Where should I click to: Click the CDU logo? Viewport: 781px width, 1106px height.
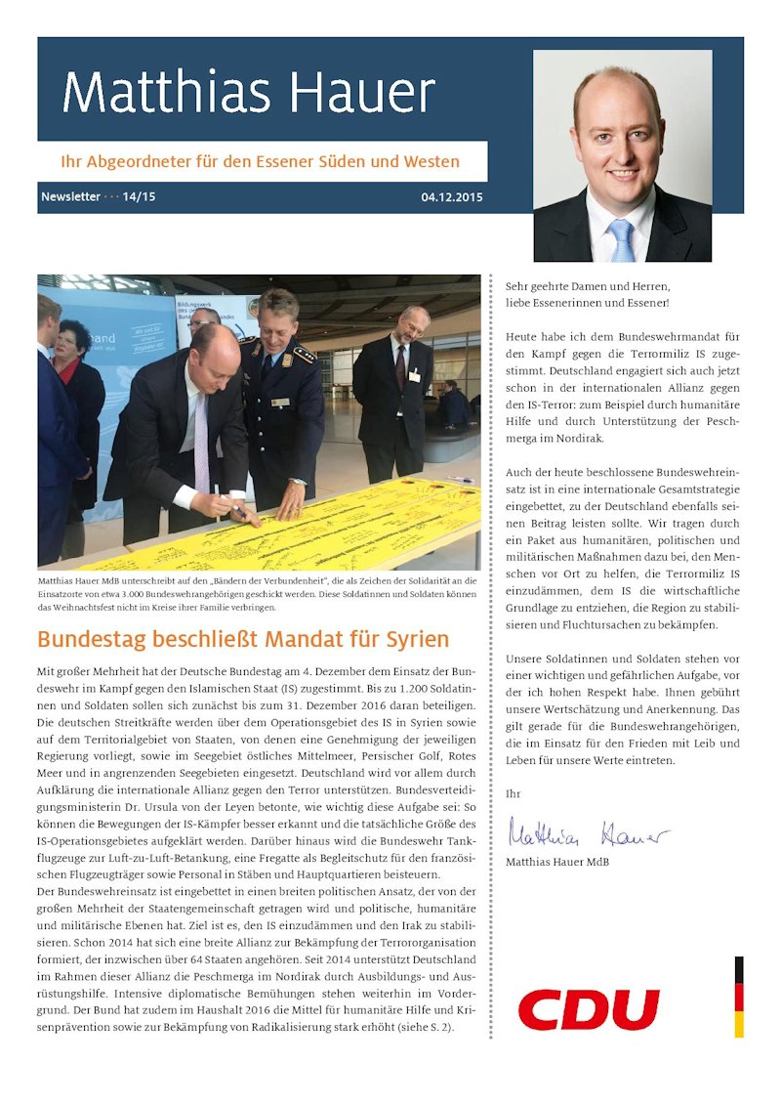(589, 1009)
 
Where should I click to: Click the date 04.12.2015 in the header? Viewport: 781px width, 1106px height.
(452, 197)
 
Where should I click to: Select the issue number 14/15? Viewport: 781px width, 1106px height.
(139, 197)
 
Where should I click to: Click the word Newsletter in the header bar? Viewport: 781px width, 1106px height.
(70, 197)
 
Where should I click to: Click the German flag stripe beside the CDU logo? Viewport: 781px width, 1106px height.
(739, 997)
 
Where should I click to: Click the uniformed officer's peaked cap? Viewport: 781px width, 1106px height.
(279, 301)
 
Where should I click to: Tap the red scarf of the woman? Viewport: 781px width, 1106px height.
(67, 370)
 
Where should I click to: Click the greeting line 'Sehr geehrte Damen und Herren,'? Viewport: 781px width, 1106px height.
(588, 286)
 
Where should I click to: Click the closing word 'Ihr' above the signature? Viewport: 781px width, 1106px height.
(513, 794)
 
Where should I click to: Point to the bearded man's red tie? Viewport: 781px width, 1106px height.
(400, 366)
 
